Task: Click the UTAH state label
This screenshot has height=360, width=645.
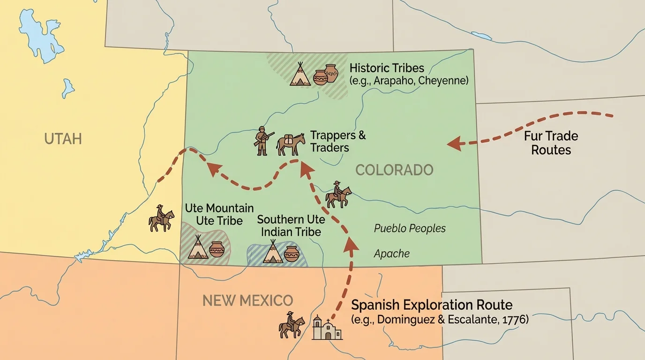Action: pos(63,139)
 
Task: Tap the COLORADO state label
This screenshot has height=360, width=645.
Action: pos(394,170)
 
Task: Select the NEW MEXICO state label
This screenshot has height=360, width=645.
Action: pos(247,300)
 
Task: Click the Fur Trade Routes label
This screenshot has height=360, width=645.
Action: pos(551,143)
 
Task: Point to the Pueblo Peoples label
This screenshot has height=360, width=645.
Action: pos(410,228)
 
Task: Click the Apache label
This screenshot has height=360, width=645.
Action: pos(391,254)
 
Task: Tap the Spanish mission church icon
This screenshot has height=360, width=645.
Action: pos(327,328)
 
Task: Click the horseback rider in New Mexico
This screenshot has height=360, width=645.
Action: pos(291,324)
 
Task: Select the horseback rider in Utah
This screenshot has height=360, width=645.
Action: pos(161,218)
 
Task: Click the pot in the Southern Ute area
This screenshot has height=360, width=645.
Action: pos(292,254)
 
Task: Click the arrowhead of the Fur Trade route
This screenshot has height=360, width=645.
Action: pos(453,144)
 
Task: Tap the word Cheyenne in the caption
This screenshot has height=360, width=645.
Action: pos(442,80)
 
